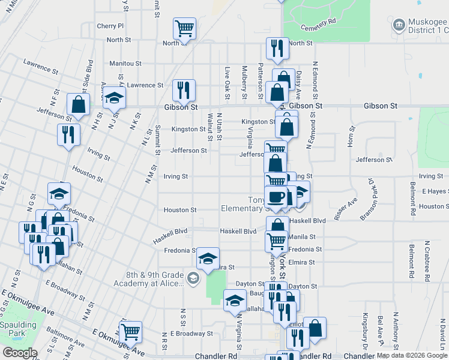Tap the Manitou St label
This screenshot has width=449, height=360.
125,63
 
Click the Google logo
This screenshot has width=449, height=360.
20,352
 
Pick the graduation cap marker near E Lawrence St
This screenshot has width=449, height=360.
113,97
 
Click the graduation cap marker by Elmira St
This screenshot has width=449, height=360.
208,258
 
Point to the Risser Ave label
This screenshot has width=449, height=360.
346,208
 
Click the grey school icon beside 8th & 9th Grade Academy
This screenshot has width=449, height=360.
193,277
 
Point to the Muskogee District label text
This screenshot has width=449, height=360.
420,26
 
